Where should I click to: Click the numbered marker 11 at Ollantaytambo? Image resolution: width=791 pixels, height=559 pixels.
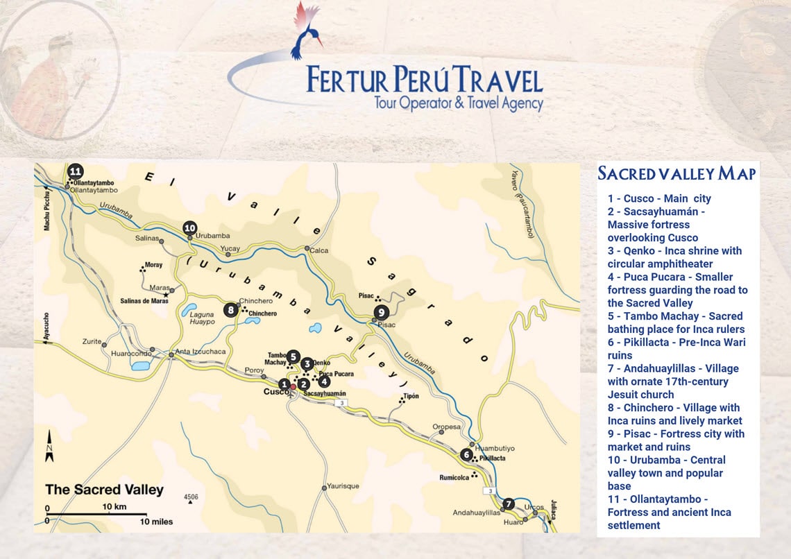click(x=75, y=171)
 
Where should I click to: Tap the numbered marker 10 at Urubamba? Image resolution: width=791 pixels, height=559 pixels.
click(x=190, y=227)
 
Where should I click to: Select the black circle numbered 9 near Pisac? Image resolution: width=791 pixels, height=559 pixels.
click(x=380, y=313)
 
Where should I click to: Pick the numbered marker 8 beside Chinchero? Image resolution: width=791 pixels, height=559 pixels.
click(x=232, y=310)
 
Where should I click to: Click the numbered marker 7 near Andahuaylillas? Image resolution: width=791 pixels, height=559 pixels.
click(x=509, y=504)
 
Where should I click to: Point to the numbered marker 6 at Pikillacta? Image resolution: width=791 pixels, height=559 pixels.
click(x=466, y=455)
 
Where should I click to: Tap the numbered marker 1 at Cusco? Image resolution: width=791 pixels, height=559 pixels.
click(x=284, y=384)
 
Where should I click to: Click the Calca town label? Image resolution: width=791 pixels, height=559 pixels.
click(x=318, y=251)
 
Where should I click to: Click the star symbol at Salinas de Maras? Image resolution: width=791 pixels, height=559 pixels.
click(x=166, y=294)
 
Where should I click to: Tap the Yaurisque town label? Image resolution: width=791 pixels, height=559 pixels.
click(x=343, y=486)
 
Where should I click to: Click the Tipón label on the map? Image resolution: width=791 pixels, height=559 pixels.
click(x=411, y=396)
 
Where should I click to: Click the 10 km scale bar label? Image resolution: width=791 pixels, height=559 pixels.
click(x=114, y=507)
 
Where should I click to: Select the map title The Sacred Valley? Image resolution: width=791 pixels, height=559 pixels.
click(x=104, y=490)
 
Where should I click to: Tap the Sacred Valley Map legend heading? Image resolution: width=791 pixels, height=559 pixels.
click(x=677, y=173)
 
